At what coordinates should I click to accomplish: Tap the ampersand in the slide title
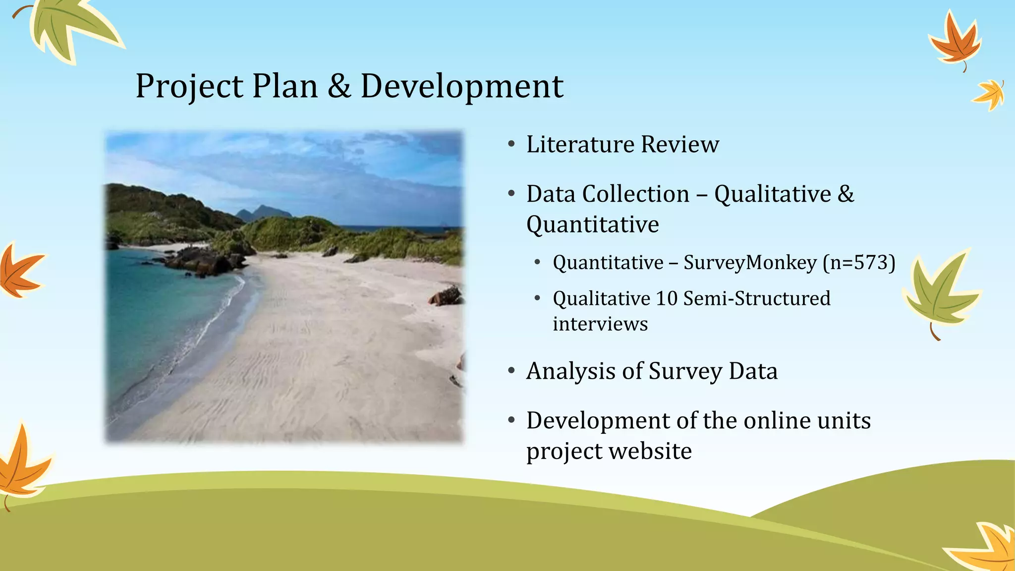[339, 86]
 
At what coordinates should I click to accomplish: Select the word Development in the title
[461, 87]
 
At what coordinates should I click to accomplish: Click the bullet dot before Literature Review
[512, 144]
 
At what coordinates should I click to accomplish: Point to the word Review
[679, 145]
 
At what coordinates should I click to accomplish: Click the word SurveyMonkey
[750, 263]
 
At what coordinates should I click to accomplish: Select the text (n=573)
[859, 263]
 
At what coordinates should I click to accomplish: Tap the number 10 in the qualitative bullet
[666, 298]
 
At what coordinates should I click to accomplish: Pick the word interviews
[600, 324]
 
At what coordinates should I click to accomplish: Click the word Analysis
[570, 371]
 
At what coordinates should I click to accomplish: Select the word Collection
[635, 194]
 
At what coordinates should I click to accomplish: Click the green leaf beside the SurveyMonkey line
[939, 292]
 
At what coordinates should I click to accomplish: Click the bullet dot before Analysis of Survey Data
[512, 371]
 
